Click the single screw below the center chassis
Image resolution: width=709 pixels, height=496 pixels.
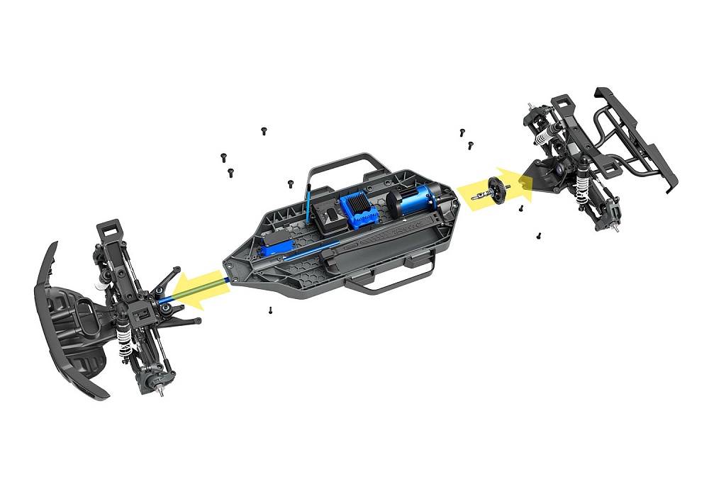coord(270,310)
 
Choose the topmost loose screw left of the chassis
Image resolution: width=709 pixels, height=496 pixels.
coord(264,131)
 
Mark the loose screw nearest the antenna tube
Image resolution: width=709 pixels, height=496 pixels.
coord(291,184)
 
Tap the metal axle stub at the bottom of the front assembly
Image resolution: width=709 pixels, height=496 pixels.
coord(164,390)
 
